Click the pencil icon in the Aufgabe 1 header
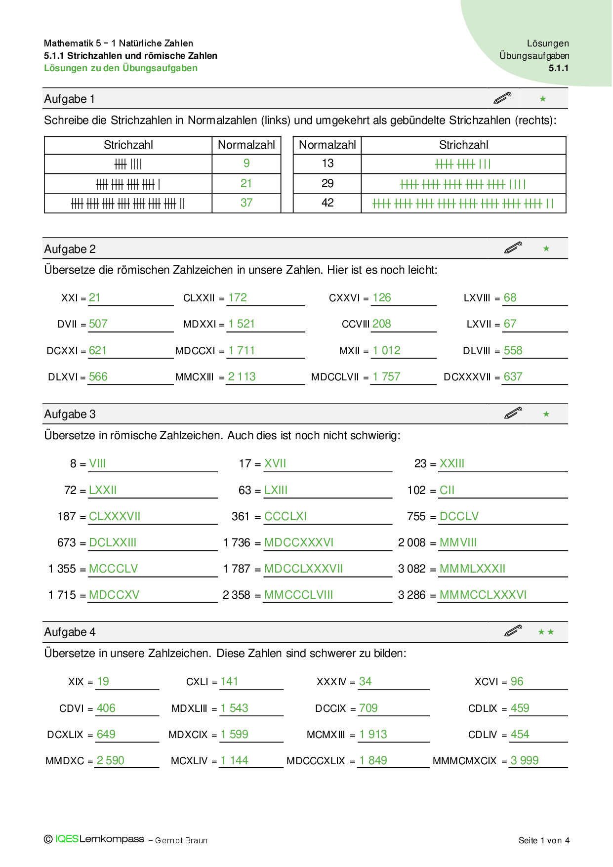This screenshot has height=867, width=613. [502, 98]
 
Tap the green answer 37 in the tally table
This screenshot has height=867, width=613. [246, 203]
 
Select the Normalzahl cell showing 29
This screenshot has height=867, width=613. [327, 184]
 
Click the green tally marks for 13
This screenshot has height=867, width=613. [463, 164]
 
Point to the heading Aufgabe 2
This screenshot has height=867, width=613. [70, 249]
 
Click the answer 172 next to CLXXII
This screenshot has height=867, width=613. [238, 298]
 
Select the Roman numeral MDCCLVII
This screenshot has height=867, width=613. [335, 377]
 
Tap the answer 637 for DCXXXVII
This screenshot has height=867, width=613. [513, 377]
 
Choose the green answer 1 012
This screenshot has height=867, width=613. [386, 351]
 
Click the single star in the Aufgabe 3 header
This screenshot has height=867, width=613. [546, 414]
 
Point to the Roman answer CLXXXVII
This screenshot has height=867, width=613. [115, 517]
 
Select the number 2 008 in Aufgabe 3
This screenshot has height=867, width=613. [411, 543]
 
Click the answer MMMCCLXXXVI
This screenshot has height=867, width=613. [483, 595]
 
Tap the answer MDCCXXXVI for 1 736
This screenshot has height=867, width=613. [299, 543]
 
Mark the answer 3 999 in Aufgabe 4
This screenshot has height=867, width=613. [525, 761]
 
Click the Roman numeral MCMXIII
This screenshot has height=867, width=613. [326, 735]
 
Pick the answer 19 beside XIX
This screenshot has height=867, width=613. [103, 682]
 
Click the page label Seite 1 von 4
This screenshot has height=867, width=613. [544, 840]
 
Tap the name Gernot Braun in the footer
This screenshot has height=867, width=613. [181, 841]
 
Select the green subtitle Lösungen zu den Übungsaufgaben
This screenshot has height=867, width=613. [121, 68]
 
